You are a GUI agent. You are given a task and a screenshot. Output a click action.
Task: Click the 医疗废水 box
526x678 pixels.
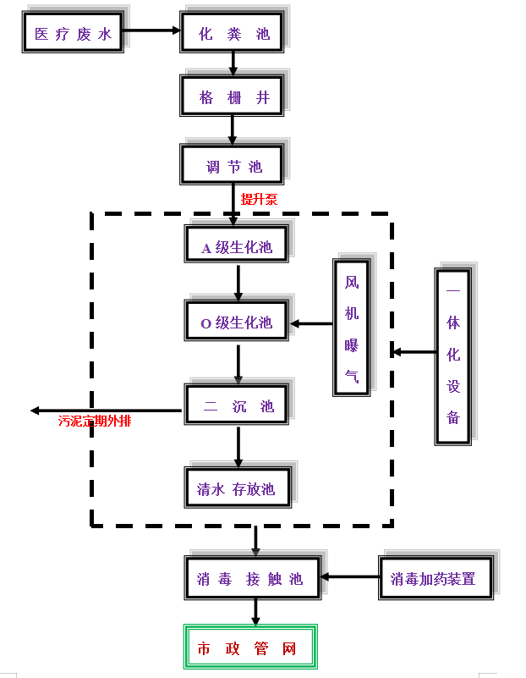pos(73,33)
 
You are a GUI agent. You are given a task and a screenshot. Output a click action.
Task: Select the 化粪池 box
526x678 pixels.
pos(233,33)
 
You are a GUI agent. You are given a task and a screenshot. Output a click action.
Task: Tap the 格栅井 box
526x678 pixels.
pos(233,96)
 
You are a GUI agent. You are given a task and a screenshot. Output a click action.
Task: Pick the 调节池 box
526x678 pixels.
pos(233,165)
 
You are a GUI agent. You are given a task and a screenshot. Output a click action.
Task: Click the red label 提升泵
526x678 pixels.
pos(259,200)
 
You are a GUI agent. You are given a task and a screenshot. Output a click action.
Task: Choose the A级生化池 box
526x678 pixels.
pos(238,246)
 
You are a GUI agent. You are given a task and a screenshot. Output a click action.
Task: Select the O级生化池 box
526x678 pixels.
pos(238,322)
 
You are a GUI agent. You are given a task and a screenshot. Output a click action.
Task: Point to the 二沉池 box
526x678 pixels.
pos(238,405)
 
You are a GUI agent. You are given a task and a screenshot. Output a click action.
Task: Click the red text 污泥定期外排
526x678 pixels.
pos(94,421)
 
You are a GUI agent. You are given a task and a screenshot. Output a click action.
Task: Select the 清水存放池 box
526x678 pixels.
pos(238,488)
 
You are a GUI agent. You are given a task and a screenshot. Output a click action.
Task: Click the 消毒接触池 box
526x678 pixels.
pos(252,578)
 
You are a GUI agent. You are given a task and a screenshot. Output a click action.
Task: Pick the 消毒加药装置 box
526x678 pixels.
pos(435,578)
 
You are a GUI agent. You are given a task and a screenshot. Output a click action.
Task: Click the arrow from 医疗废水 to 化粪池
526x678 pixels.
pos(152,31)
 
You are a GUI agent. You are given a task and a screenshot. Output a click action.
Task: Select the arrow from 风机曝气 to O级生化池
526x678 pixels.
pos(311,323)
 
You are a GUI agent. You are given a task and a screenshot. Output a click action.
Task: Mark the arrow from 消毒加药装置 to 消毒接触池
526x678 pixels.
pos(350,577)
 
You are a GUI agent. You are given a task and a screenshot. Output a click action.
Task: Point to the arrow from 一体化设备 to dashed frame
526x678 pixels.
pos(414,351)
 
